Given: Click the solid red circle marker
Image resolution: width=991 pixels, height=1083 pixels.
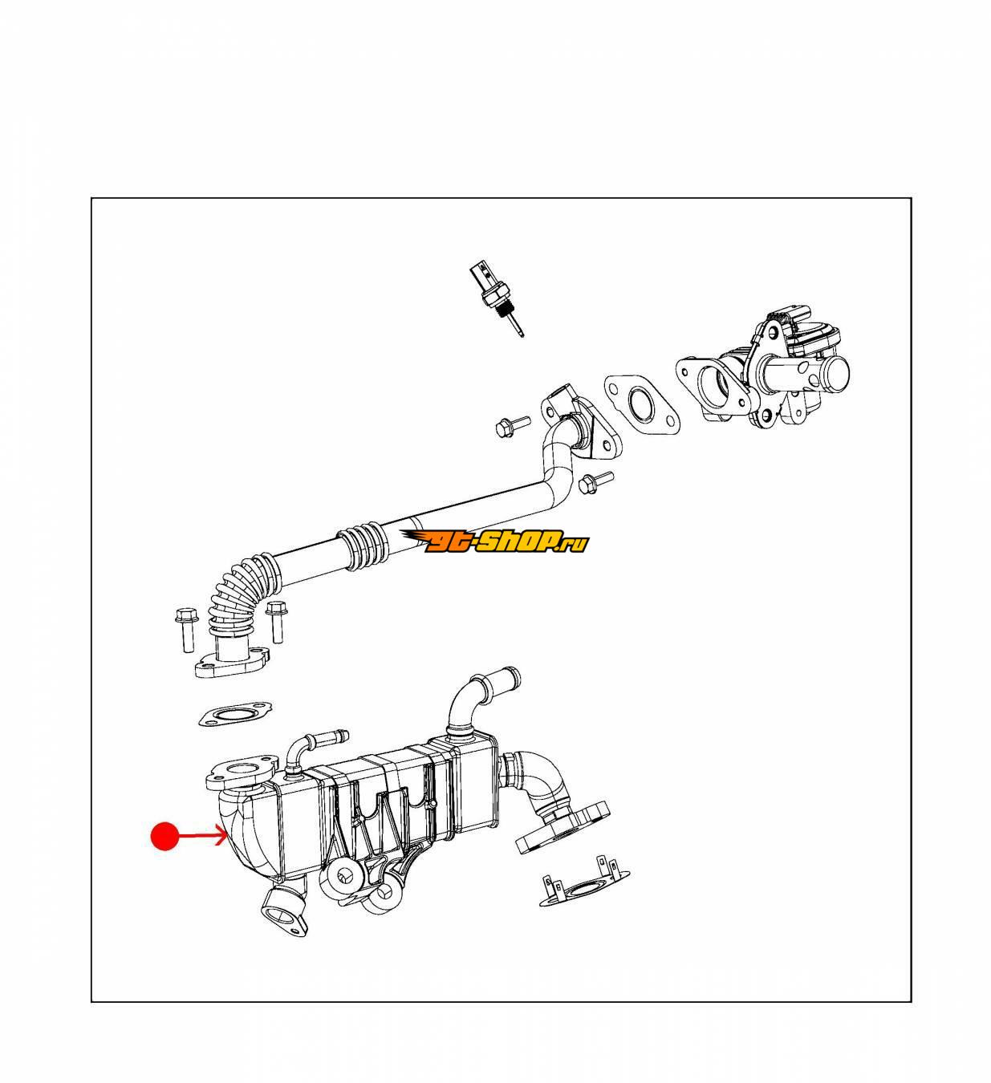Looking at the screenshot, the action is pos(164,836).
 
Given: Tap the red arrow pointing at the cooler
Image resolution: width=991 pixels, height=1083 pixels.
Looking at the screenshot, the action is pos(202,836).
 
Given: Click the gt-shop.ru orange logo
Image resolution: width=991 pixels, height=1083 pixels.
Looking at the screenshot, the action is pos(494,541).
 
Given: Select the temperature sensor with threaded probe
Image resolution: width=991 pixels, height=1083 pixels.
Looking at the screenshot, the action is pos(497,300).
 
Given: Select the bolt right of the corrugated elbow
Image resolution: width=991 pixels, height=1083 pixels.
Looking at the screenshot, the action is pos(277,622).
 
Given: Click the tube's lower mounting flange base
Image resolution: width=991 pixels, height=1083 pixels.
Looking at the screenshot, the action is pos(232,662).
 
